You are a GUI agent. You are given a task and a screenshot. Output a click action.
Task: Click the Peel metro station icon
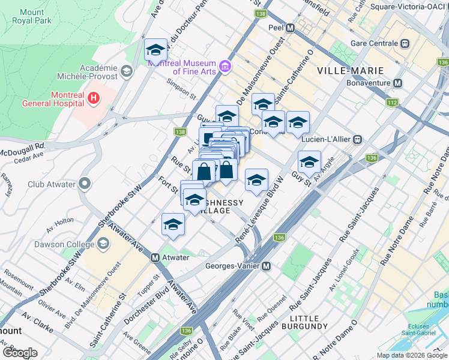click(290, 28)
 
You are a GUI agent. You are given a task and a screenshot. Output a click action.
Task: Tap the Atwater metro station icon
click(155, 257)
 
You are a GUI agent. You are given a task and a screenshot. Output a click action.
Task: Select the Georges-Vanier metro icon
click(266, 266)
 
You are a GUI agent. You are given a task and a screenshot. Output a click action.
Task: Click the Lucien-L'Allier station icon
click(357, 139)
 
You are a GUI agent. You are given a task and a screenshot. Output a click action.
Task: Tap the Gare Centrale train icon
click(405, 43)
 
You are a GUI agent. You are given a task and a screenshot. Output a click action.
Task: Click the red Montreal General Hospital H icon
click(93, 97)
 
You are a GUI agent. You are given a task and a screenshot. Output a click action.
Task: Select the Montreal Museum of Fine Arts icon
click(225, 65)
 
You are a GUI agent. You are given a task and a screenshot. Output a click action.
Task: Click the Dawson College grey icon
click(104, 243)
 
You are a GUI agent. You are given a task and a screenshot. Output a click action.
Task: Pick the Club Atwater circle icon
click(85, 183)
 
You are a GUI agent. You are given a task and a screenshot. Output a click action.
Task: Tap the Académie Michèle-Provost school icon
click(126, 71)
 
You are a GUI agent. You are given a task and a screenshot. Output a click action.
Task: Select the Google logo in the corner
click(20, 352)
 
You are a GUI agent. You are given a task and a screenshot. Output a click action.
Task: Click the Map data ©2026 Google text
click(412, 355)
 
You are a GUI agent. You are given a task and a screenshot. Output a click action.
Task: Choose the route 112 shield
click(392, 103)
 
